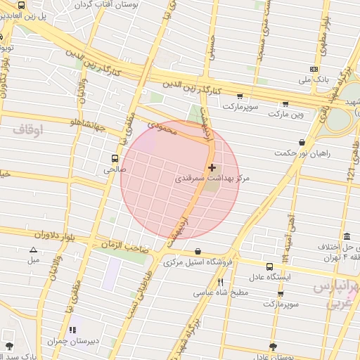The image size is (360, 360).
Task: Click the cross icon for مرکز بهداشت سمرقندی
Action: pos(212,167)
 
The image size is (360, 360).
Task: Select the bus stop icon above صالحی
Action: pos(114,158)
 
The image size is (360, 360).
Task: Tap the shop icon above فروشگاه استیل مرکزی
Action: pos(198,251)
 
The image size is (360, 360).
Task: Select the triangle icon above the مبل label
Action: pos(33,250)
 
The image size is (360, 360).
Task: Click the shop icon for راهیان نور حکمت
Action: pos(302,142)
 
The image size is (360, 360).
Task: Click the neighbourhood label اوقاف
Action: pos(27,130)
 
